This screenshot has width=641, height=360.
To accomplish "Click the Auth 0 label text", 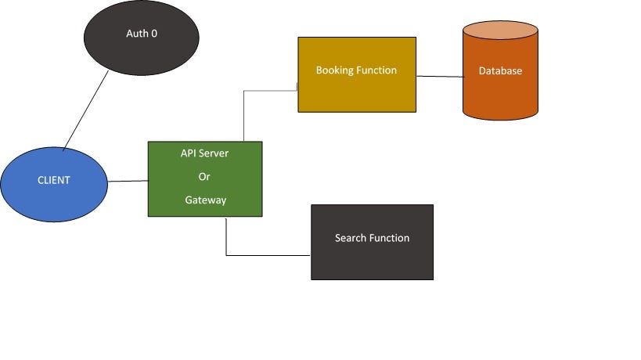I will tap(142, 34).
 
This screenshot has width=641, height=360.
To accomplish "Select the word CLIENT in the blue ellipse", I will tap(54, 180).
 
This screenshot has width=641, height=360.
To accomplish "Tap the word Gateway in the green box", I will tap(205, 200).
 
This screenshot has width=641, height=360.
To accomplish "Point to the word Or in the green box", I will tap(204, 177).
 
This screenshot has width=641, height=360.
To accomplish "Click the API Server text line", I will tap(204, 153).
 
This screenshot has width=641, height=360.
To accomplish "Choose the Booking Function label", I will tap(356, 70).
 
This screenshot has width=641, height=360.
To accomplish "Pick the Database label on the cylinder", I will tap(500, 71).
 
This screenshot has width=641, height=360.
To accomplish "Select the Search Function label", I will tap(372, 238).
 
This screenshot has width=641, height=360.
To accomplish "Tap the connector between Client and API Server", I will tap(127, 182).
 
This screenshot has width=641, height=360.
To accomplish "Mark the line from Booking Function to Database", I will tap(439, 77).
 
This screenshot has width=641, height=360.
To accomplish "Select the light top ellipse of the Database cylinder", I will tap(500, 31).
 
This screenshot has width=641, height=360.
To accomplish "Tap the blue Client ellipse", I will tap(31, 196).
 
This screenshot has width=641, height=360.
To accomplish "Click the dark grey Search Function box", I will tap(372, 262).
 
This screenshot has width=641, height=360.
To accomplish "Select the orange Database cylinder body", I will tap(500, 98).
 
